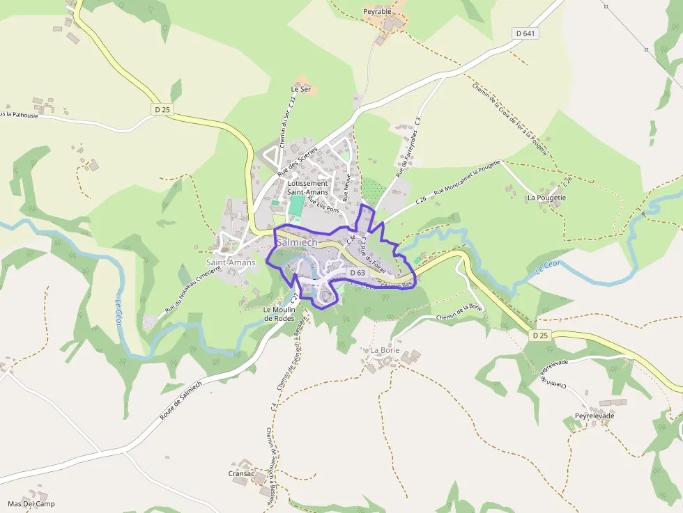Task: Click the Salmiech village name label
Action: tap(297, 242)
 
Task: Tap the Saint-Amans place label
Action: tap(231, 262)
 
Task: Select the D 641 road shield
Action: tap(526, 33)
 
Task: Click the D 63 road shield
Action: tap(358, 272)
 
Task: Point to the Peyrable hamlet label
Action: tap(378, 12)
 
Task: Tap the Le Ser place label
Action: tap(300, 89)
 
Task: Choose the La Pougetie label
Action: tap(546, 198)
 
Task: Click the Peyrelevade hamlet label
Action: tap(594, 416)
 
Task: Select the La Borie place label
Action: tap(385, 349)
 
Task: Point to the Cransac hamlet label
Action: tap(241, 473)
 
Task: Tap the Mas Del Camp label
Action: tap(31, 503)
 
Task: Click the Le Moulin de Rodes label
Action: tap(279, 314)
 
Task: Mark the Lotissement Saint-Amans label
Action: tap(307, 188)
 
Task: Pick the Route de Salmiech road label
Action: tap(181, 400)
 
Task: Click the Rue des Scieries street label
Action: tap(298, 161)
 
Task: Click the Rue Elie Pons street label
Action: tap(323, 203)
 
